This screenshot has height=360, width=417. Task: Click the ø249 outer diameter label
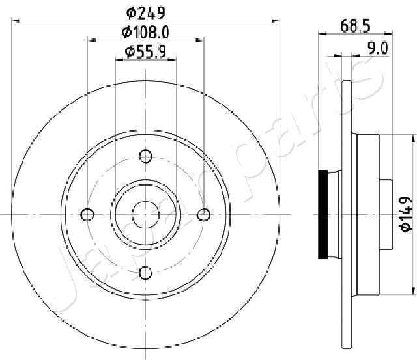pyautogui.click(x=146, y=12)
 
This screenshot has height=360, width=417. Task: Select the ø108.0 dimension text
pyautogui.click(x=145, y=33)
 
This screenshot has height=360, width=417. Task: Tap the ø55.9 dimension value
pyautogui.click(x=145, y=51)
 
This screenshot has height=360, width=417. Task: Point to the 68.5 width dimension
pyautogui.click(x=355, y=26)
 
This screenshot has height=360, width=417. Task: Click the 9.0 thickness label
pyautogui.click(x=378, y=48)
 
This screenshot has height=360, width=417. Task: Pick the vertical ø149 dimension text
pyautogui.click(x=406, y=215)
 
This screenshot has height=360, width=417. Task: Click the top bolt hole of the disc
pyautogui.click(x=146, y=156)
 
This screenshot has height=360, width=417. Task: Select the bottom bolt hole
pyautogui.click(x=146, y=273)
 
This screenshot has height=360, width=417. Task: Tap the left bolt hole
pyautogui.click(x=87, y=214)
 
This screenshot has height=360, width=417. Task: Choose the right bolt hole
pyautogui.click(x=204, y=214)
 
